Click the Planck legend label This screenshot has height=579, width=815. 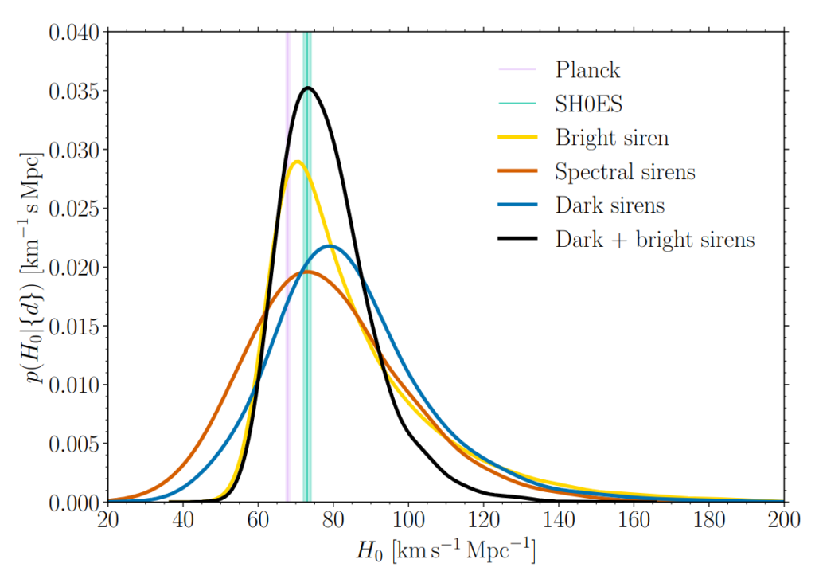(587, 69)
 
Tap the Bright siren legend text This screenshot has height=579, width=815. (612, 138)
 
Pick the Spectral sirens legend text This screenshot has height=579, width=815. (625, 172)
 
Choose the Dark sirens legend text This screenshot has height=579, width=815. (610, 205)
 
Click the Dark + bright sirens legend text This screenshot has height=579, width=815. (654, 239)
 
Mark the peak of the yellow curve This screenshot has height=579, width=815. (297, 162)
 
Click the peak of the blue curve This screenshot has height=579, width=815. (331, 246)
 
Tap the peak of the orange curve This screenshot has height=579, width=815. (306, 272)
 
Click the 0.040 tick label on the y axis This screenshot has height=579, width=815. (73, 33)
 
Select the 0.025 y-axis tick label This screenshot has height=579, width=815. (73, 209)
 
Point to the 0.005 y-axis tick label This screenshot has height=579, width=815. (73, 444)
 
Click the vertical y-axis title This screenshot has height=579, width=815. (34, 268)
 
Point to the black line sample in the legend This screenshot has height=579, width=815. (518, 239)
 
